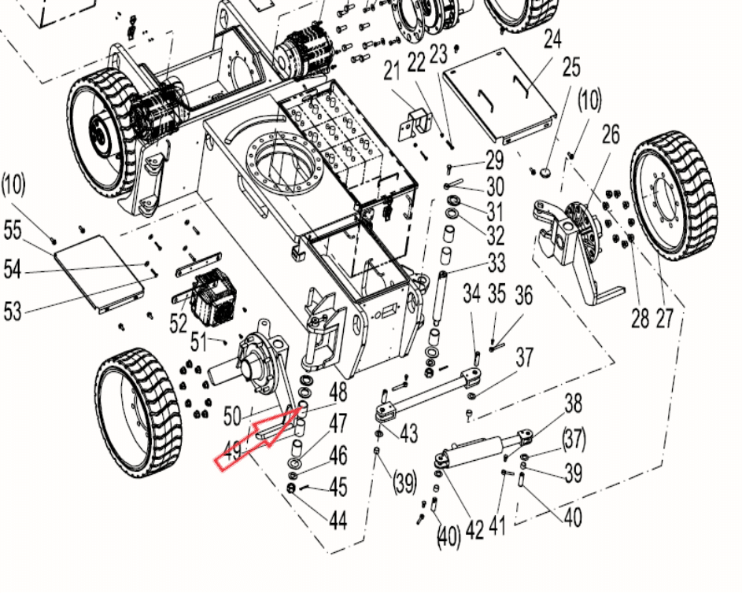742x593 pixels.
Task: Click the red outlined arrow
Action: pyautogui.click(x=258, y=440)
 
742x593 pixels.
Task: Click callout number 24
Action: pyautogui.click(x=552, y=39)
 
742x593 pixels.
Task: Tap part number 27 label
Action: pyautogui.click(x=664, y=319)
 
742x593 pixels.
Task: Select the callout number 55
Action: pyautogui.click(x=13, y=230)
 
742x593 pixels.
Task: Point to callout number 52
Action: pyautogui.click(x=179, y=324)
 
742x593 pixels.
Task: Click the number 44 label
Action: pyautogui.click(x=338, y=521)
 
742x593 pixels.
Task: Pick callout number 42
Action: pyautogui.click(x=474, y=529)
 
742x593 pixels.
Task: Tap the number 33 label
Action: pyautogui.click(x=497, y=263)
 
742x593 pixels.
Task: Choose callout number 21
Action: pyautogui.click(x=392, y=71)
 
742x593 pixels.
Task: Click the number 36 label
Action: pyautogui.click(x=523, y=296)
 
